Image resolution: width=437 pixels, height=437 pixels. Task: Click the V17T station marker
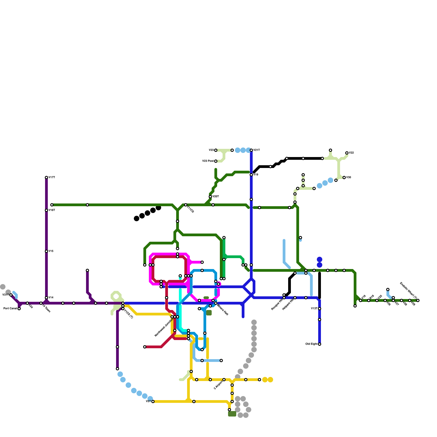click(x=46, y=178)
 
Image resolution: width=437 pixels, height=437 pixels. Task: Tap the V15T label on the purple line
click(x=52, y=210)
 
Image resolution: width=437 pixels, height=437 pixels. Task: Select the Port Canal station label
click(x=10, y=309)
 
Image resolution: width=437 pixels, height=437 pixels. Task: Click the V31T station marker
click(x=11, y=295)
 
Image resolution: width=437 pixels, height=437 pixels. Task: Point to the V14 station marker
click(x=46, y=298)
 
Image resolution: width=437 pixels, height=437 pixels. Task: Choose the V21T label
click(x=256, y=150)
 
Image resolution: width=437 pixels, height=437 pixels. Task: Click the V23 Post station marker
click(x=216, y=161)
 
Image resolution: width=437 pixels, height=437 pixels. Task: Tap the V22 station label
click(x=351, y=153)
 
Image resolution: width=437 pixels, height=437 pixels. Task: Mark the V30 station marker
click(x=344, y=178)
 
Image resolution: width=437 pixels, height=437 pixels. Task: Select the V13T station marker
click(x=320, y=309)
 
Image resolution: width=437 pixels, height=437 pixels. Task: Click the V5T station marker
click(x=153, y=401)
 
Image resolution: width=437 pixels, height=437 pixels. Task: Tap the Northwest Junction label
click(x=164, y=327)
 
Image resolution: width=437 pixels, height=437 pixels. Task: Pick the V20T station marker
click(x=210, y=197)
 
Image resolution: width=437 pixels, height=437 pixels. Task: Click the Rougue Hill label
click(x=277, y=304)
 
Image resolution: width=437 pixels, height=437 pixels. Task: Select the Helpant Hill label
click(x=288, y=304)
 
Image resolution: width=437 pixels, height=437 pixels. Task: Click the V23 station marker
click(x=216, y=150)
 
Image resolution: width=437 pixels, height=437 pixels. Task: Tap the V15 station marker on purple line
click(x=46, y=251)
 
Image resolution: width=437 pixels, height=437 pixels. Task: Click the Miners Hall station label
click(x=223, y=309)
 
